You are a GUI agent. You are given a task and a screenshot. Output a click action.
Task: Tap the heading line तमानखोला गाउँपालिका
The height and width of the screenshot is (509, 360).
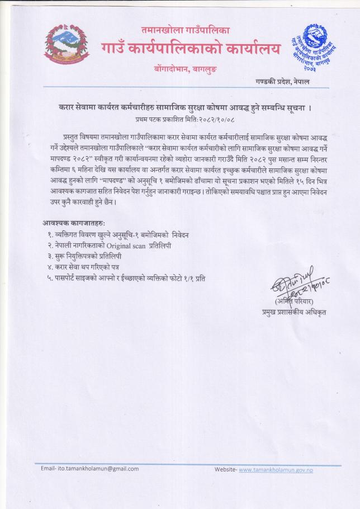(185, 30)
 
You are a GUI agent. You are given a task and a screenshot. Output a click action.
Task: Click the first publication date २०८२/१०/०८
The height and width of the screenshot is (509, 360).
(206, 119)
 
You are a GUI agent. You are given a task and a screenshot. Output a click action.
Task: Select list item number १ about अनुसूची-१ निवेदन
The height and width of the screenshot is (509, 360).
(118, 235)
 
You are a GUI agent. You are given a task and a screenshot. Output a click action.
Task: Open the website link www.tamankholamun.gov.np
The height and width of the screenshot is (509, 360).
(276, 470)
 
